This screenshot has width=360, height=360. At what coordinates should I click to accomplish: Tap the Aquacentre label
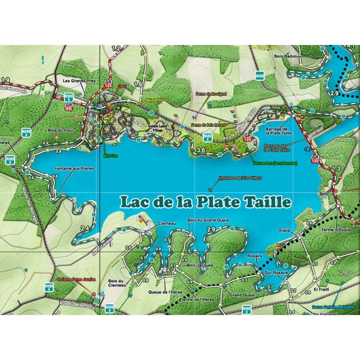coord(153,99)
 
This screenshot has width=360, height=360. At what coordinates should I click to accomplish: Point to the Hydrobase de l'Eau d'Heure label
coord(240,178)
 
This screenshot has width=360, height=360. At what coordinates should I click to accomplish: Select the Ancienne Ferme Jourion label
coord(76,279)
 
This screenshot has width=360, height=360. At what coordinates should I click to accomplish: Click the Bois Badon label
coord(283,57)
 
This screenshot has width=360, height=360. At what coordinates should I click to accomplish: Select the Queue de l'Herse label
coord(163,291)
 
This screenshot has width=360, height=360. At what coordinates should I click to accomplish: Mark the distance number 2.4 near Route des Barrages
coord(85,229)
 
